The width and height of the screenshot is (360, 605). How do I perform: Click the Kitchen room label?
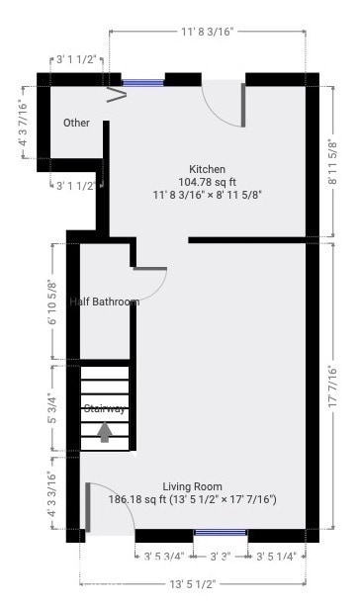click(207, 169)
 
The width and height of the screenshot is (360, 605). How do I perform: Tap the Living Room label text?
click(192, 486)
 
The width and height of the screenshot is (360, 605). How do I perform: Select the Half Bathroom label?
click(104, 302)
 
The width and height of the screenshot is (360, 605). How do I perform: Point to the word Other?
click(76, 124)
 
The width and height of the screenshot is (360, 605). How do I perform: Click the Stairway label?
click(104, 408)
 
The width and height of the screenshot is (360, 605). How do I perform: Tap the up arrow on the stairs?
click(105, 432)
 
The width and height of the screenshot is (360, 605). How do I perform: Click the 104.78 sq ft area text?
click(207, 182)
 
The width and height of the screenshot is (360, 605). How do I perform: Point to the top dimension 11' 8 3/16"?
click(207, 33)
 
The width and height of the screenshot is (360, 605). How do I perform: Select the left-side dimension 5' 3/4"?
click(52, 408)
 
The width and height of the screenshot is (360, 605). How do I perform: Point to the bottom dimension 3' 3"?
click(220, 558)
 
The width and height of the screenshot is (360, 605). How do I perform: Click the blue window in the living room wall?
click(220, 535)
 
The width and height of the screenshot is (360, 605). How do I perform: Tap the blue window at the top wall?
click(141, 83)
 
